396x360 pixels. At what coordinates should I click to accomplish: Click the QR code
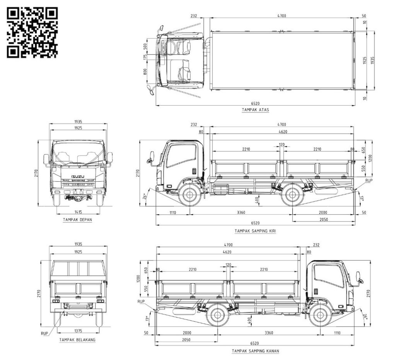click(x=32, y=32)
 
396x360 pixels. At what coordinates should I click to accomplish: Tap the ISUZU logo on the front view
click(x=78, y=177)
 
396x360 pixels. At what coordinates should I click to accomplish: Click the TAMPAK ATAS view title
click(x=255, y=110)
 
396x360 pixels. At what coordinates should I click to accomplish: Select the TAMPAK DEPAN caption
click(x=77, y=220)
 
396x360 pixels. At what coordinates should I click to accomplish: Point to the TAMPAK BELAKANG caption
click(x=77, y=340)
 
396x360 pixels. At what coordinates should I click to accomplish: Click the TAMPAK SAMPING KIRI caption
click(x=255, y=231)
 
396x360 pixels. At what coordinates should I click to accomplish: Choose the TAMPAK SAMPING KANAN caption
click(x=255, y=351)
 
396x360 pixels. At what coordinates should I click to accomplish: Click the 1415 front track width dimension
click(x=78, y=212)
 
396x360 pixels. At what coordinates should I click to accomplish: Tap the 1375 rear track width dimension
click(x=78, y=331)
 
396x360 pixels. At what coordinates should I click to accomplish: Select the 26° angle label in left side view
click(x=145, y=196)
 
